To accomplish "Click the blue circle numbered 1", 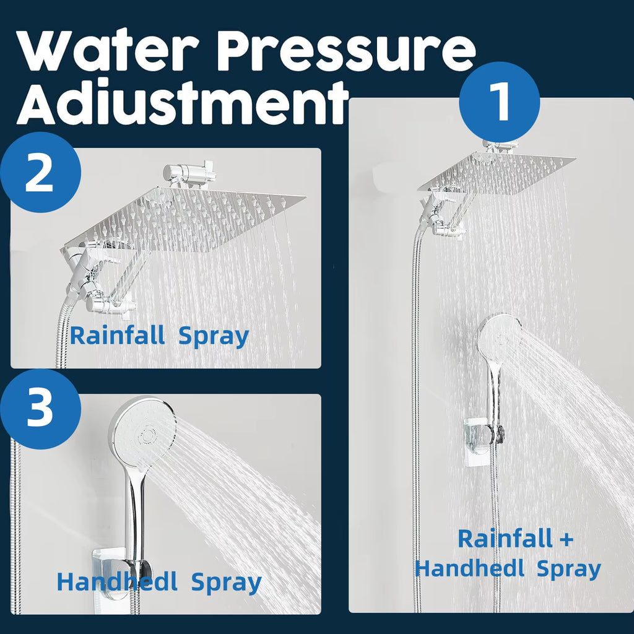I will [499, 102].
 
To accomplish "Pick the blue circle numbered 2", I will [40, 172].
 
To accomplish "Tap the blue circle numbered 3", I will [40, 409].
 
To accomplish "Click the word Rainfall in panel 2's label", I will [117, 336].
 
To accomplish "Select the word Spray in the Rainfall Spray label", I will [214, 336].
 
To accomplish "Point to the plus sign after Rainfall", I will [565, 539].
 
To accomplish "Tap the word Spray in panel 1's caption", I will [568, 568].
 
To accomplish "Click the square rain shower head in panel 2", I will [186, 220].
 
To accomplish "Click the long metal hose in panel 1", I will [416, 402].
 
